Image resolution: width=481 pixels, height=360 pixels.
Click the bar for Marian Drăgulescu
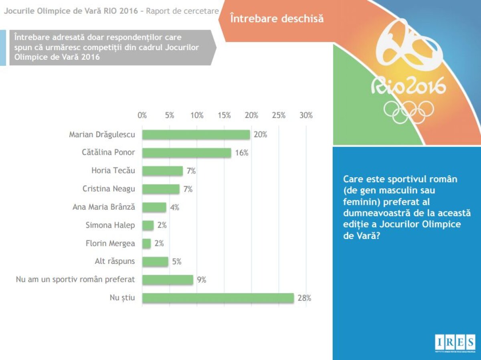pos(196,135)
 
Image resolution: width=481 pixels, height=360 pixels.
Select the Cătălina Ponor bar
pos(187,153)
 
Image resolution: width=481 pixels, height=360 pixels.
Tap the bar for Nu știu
pos(218,298)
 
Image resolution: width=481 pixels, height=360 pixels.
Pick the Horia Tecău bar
pos(162,171)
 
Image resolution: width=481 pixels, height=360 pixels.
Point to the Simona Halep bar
pos(148,225)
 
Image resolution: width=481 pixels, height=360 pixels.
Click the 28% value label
pos(304,298)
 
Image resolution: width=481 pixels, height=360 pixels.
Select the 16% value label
pos(242,153)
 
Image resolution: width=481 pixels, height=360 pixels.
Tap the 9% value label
pos(201,280)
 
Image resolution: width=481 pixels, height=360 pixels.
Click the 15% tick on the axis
pos(224,115)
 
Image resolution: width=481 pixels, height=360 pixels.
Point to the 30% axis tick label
pos(306,115)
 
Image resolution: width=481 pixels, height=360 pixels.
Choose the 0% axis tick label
pos(142,115)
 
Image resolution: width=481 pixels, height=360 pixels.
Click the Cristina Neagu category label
pos(109,189)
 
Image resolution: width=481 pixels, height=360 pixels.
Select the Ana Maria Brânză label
pos(104,207)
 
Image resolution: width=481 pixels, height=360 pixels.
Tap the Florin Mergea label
pos(110,243)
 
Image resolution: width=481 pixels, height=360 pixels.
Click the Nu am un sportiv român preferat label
pos(75,279)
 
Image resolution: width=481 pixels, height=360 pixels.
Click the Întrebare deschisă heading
pos(277,18)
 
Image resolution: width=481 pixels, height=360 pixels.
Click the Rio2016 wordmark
pos(408,85)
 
